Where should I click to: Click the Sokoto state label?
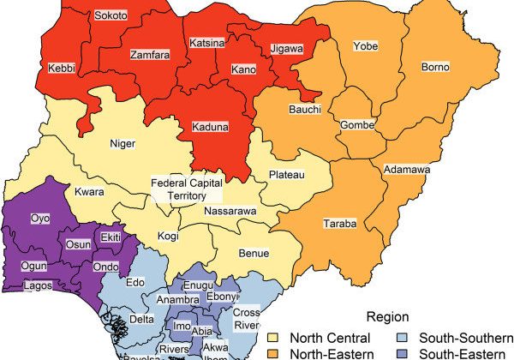pos(110,16)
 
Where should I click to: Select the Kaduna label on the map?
pos(210,127)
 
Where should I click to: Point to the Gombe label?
pos(357,125)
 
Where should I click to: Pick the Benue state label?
pos(254,253)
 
